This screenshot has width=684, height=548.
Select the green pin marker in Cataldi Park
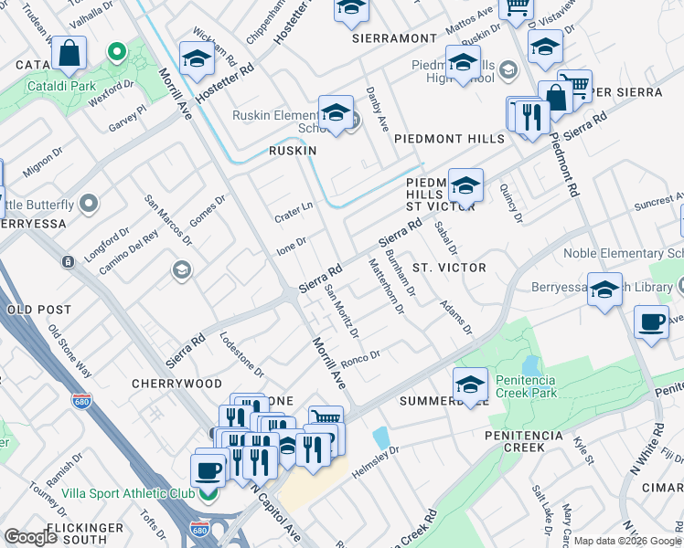click(116, 53)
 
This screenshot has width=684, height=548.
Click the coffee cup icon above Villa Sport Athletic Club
click(209, 470)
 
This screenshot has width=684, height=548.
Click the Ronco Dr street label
click(360, 356)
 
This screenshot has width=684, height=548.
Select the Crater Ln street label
click(294, 212)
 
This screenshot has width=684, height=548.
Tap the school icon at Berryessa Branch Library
click(604, 290)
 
